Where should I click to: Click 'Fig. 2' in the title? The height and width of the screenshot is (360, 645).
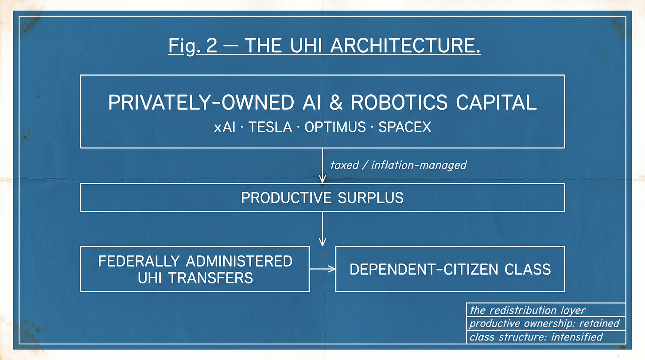coord(193,46)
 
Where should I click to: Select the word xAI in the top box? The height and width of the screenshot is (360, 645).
coord(225,127)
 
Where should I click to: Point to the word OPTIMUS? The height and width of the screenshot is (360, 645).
coord(335,127)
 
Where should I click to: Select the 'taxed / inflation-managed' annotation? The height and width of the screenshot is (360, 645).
coord(398,165)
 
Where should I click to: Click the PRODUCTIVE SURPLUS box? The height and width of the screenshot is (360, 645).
coord(322,197)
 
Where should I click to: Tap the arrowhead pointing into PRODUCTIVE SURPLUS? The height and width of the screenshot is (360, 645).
coord(322,179)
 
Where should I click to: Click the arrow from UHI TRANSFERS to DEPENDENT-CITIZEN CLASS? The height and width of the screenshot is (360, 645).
coord(322,269)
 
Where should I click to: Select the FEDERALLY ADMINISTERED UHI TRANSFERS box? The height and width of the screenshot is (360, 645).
coord(195,269)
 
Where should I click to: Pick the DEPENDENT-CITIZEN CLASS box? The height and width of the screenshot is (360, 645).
coord(450,269)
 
